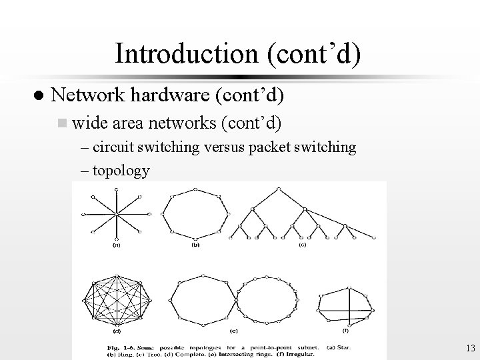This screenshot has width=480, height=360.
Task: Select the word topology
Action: pos(121,170)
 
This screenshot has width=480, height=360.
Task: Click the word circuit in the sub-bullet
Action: pos(111,147)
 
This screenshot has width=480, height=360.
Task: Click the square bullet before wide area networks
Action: pos(62,123)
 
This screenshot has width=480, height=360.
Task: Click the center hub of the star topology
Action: pos(117,215)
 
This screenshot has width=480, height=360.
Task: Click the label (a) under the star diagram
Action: pos(116,245)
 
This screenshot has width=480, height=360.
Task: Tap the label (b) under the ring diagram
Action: pos(195,245)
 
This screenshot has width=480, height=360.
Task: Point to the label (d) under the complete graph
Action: pos(116,331)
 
